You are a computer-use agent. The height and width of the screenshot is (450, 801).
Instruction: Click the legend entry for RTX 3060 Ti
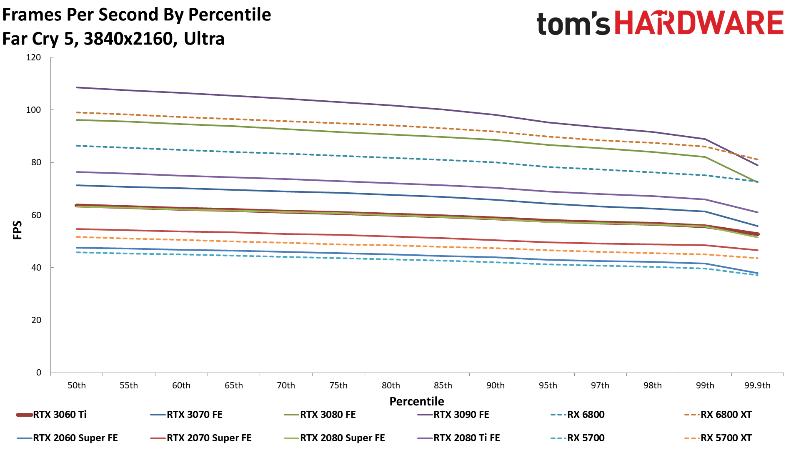click(60, 415)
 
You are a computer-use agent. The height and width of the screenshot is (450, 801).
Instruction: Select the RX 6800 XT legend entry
click(726, 415)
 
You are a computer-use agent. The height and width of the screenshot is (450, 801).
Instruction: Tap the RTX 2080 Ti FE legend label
click(466, 438)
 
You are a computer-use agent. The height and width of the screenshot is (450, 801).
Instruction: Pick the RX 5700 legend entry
click(586, 438)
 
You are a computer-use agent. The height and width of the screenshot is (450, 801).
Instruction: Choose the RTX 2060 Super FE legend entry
click(75, 438)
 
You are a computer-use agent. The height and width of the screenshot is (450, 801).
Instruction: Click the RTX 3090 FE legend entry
click(461, 415)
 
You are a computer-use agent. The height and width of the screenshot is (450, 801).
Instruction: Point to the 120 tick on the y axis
click(33, 57)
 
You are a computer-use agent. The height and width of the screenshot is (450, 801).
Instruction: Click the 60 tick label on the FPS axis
click(36, 215)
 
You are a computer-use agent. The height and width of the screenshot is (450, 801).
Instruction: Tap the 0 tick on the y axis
click(39, 373)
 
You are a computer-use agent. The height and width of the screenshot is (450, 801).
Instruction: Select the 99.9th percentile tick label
click(757, 385)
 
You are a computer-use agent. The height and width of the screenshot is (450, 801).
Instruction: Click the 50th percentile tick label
click(77, 385)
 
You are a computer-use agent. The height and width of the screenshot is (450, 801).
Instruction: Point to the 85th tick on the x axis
click(443, 385)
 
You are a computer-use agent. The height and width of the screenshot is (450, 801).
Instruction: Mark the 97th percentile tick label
click(600, 385)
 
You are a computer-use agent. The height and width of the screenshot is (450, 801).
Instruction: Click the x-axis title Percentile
click(417, 401)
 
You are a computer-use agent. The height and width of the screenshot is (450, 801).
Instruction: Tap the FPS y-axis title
click(17, 230)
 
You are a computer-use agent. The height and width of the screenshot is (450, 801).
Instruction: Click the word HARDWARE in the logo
click(699, 23)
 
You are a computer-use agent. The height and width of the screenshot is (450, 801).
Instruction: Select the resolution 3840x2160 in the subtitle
click(128, 39)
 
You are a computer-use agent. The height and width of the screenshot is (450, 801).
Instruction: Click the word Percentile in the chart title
click(230, 15)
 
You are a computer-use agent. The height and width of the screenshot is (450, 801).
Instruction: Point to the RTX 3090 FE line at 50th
click(77, 87)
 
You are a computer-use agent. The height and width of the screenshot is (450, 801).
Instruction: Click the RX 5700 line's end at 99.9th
click(757, 275)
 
